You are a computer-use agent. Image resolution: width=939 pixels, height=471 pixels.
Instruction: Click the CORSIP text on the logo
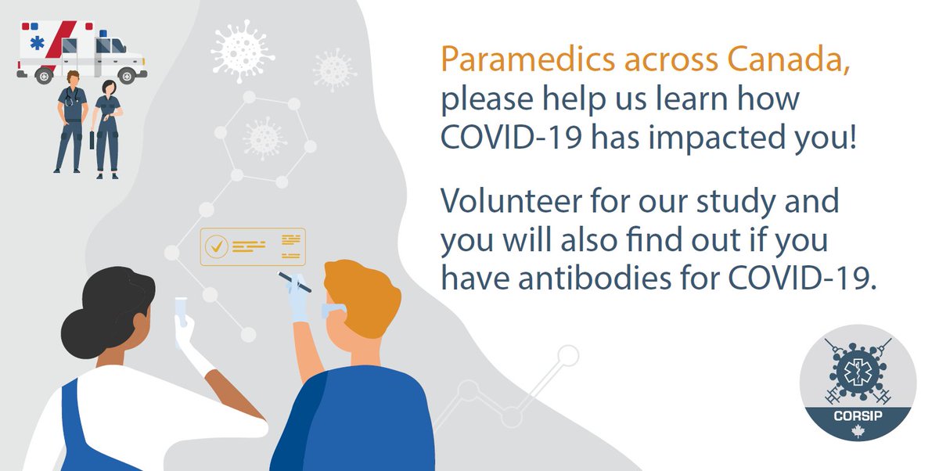click(x=858, y=415)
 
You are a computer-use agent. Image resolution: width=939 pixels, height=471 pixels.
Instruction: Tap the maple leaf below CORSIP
click(x=858, y=433)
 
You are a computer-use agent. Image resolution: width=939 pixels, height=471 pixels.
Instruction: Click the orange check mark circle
click(x=215, y=246)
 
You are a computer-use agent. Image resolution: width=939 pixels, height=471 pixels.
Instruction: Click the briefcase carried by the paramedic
click(x=93, y=141)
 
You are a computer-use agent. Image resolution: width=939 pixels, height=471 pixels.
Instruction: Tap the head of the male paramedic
click(x=71, y=77)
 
